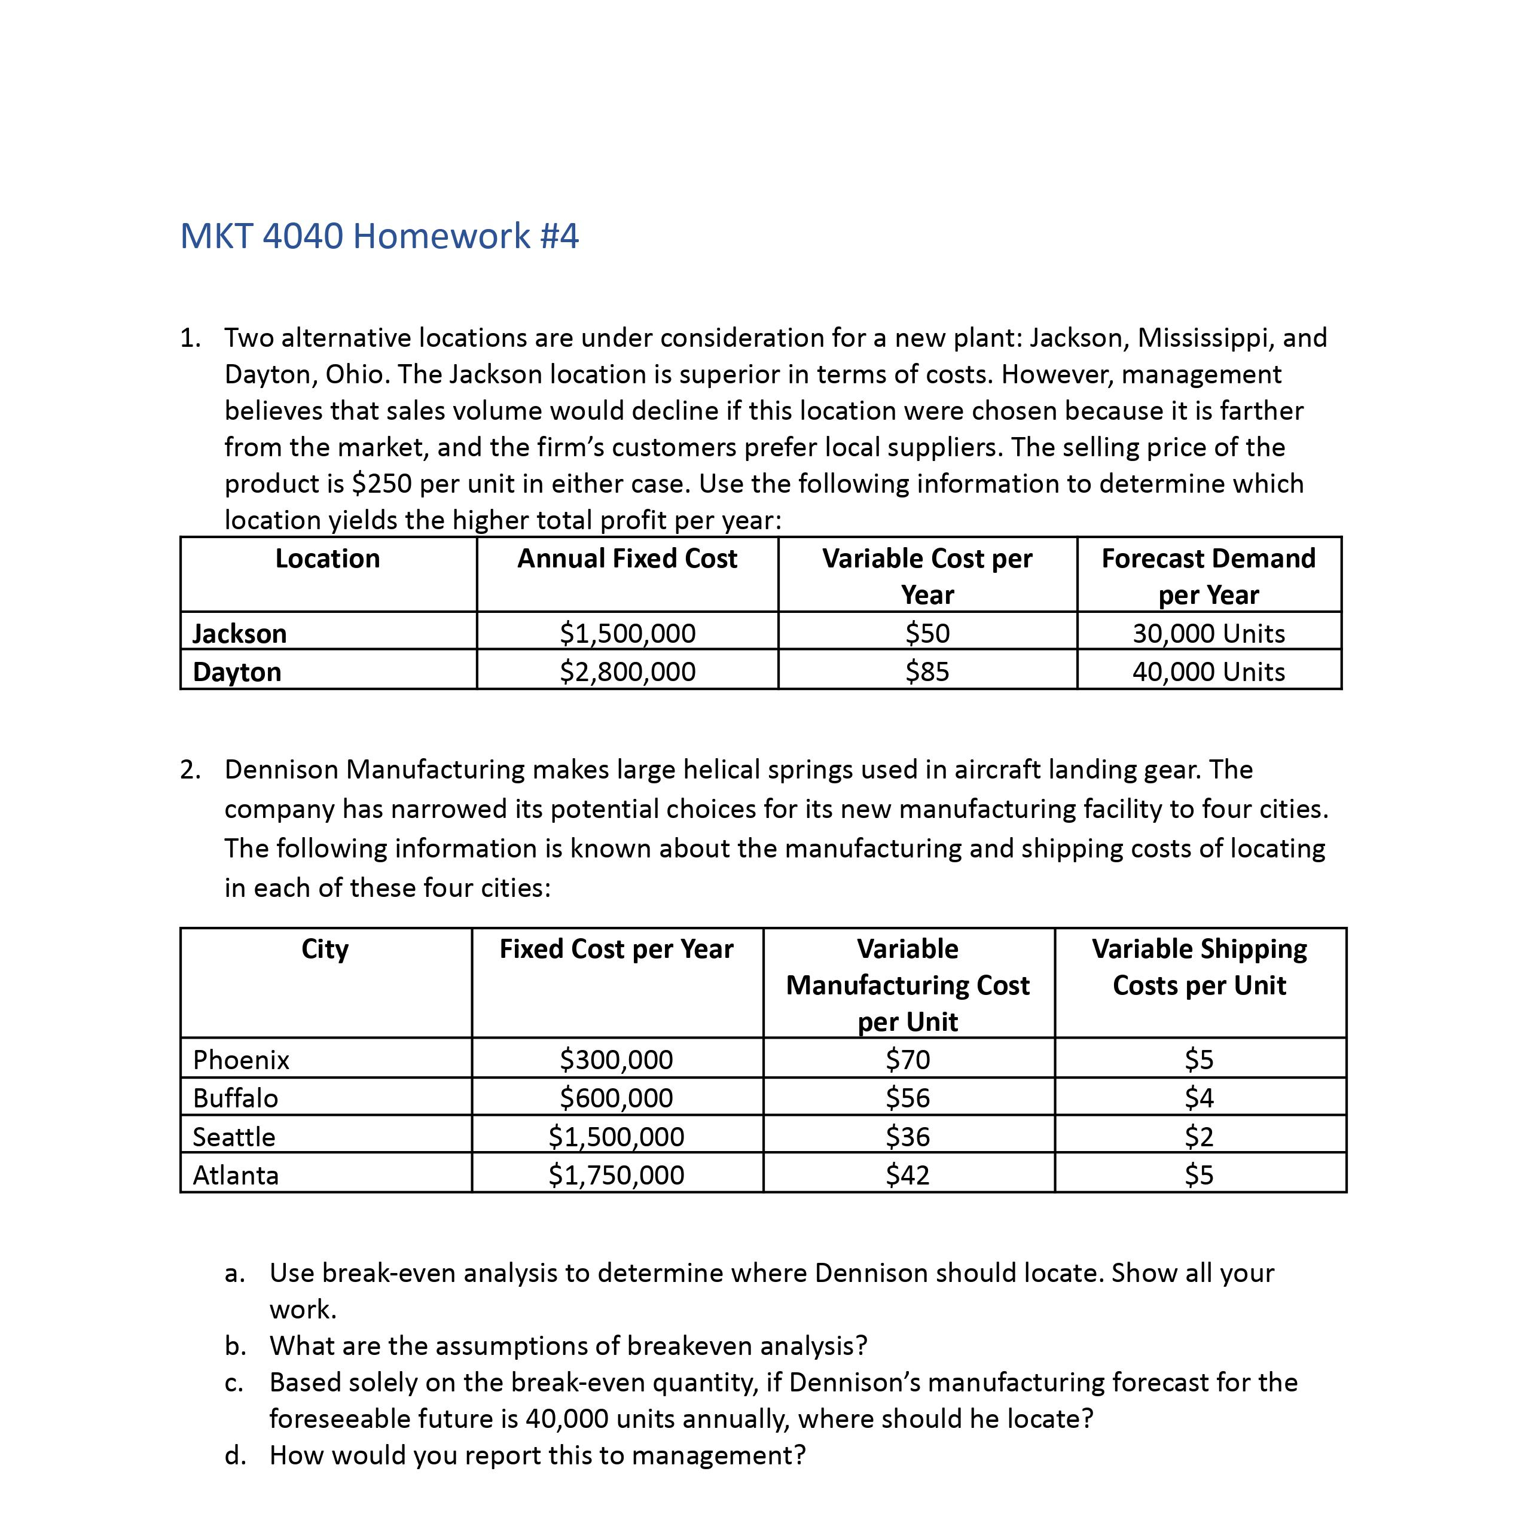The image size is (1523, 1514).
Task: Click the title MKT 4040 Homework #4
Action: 379,236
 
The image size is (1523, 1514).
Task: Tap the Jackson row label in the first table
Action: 240,634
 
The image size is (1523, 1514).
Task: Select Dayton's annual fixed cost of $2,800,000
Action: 627,671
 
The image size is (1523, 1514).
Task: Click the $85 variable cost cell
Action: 927,671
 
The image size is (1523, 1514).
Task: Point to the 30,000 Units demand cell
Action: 1208,634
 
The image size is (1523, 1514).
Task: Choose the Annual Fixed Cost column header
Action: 627,559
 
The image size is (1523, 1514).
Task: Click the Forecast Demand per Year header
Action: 1208,576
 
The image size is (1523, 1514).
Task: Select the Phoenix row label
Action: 241,1060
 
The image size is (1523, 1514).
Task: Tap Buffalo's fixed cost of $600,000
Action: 616,1098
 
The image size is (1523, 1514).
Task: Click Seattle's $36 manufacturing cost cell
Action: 908,1137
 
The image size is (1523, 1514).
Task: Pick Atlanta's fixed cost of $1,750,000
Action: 616,1175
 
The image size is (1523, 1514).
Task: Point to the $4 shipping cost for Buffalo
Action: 1199,1098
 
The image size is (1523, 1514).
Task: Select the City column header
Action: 325,949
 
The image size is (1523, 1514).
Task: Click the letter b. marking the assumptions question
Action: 235,1346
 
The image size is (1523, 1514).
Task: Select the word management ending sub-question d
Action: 718,1455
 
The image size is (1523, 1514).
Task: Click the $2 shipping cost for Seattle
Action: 1199,1137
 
